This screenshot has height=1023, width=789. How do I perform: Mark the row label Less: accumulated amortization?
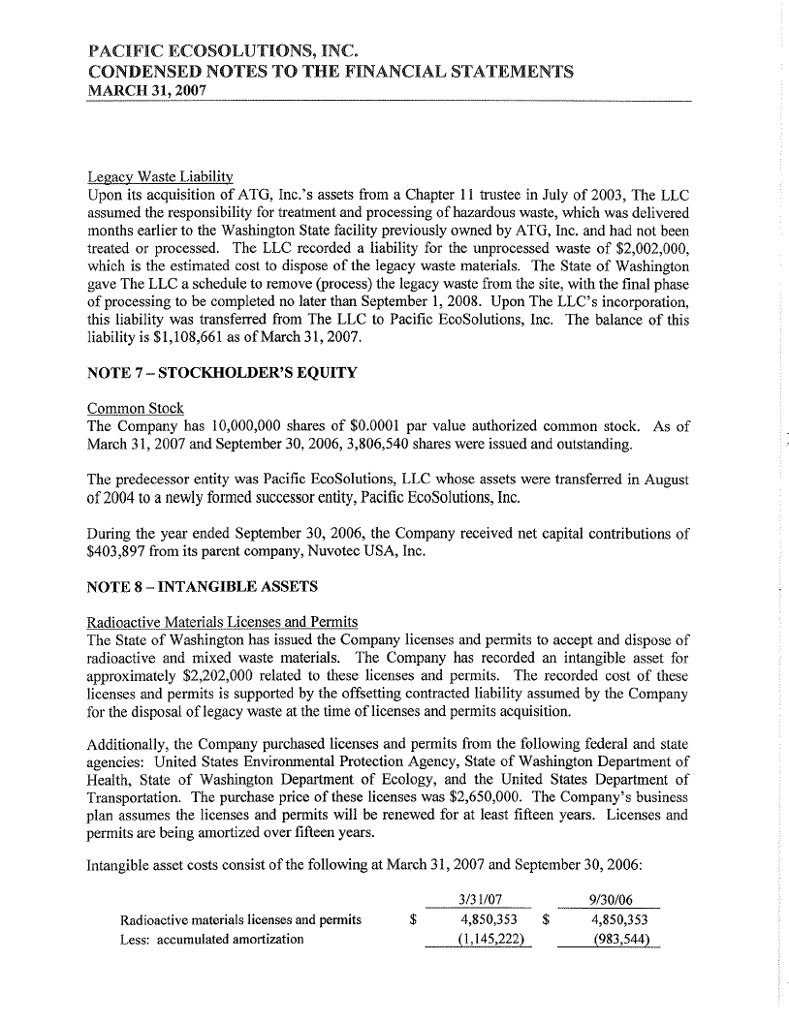(x=210, y=939)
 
